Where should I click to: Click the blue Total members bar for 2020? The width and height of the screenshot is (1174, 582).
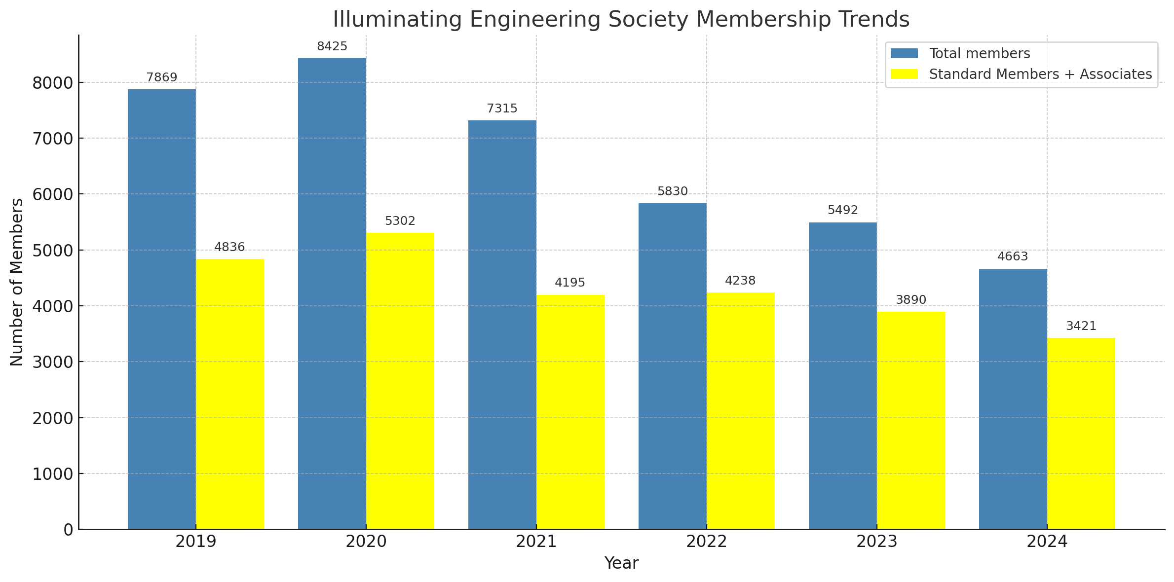[x=332, y=293]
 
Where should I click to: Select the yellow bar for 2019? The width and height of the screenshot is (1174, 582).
[x=230, y=394]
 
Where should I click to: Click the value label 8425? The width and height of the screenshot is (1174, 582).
[x=332, y=46]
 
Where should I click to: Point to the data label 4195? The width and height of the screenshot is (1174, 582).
[x=570, y=283]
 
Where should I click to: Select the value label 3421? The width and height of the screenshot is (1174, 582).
[x=1081, y=326]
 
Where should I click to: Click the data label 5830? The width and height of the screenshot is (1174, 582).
[x=672, y=191]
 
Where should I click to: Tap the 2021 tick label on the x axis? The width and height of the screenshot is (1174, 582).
[x=536, y=542]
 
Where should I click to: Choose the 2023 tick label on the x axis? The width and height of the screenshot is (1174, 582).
[x=876, y=542]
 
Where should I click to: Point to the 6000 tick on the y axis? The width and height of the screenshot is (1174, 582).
[x=52, y=194]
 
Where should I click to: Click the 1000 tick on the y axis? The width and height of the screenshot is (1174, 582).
[x=52, y=474]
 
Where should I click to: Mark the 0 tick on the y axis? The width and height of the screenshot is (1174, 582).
[x=68, y=530]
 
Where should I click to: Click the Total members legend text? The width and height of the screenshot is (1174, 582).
[x=980, y=53]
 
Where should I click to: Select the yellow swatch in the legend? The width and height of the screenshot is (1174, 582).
[x=904, y=74]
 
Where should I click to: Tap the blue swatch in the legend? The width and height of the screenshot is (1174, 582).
[x=904, y=53]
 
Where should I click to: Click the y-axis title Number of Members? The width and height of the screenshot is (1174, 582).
[x=17, y=282]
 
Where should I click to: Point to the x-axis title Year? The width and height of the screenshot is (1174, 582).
[x=621, y=563]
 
